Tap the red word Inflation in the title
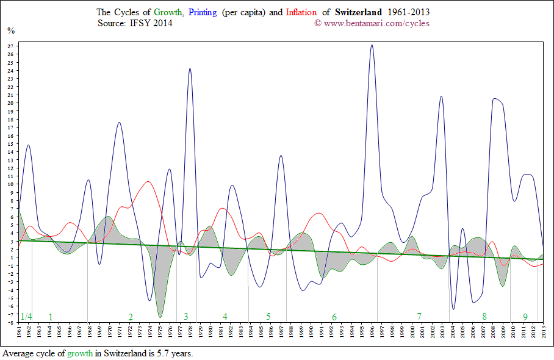pos(301,12)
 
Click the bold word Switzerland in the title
pos(359,12)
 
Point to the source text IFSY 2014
pos(151,23)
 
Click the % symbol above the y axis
pos(11,30)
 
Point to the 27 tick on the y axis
pos(11,46)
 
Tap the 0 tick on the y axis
pos(11,265)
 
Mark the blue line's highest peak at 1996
pos(372,45)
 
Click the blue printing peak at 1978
pos(190,68)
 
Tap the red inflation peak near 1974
pos(148,181)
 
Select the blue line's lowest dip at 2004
pos(453,309)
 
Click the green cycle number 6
pos(334,317)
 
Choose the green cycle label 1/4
pos(26,317)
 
